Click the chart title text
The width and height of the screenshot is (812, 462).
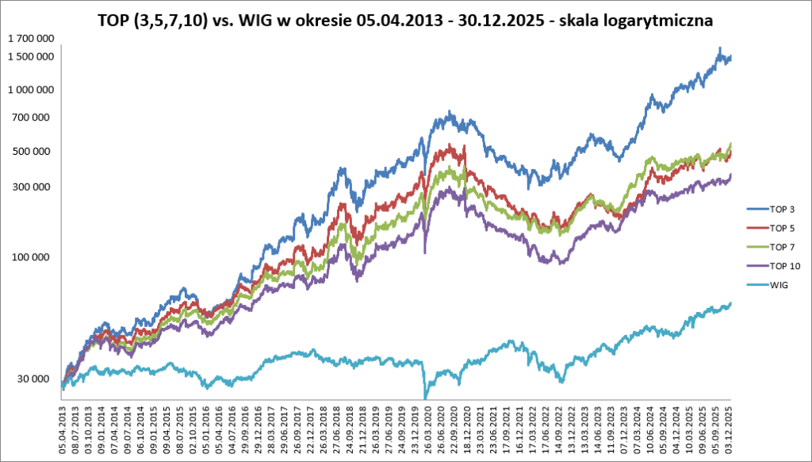(405, 21)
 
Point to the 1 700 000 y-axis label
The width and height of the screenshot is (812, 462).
(31, 39)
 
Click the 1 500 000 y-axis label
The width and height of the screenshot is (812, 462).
(31, 57)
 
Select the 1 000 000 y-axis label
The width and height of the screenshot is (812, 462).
(31, 90)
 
